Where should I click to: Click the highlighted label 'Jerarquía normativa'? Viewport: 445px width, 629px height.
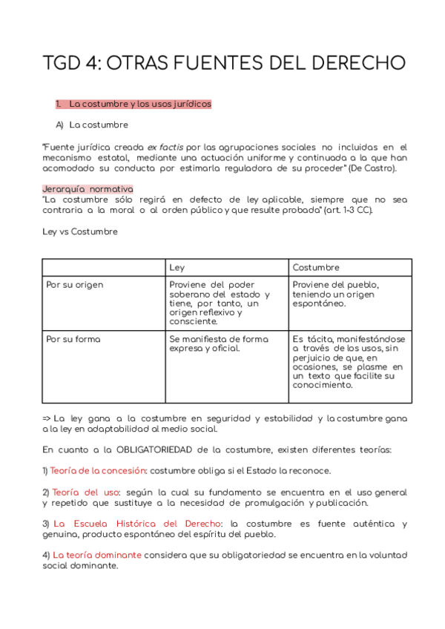coord(88,189)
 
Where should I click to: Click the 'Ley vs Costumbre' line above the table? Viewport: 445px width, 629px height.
coord(79,231)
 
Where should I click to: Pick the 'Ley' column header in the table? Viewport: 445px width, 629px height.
coord(177,267)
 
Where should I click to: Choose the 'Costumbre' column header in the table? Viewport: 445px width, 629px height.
coord(316,267)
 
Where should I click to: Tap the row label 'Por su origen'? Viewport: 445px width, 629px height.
coord(75,285)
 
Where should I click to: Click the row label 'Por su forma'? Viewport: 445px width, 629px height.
coord(73,339)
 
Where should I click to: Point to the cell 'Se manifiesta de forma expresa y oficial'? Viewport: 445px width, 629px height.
coord(219,343)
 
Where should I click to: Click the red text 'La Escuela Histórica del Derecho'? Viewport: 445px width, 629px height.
coord(140,524)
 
